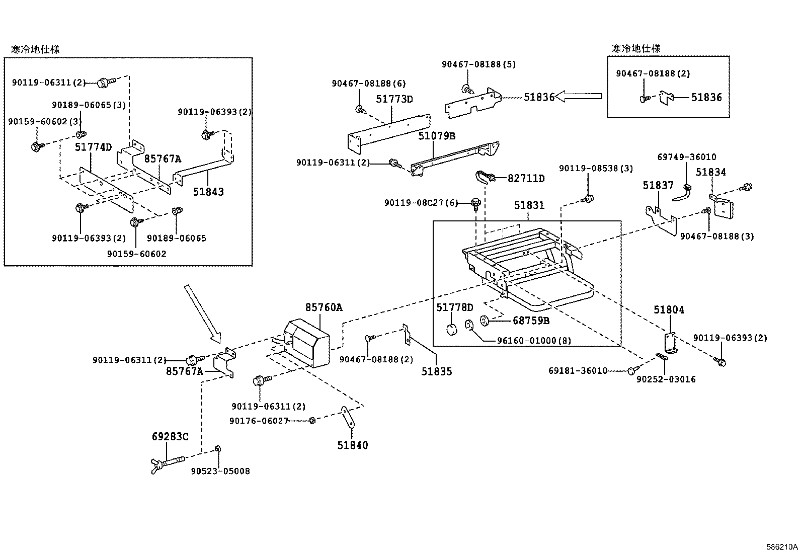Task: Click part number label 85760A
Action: tap(324, 307)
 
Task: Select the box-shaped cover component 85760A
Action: tap(307, 345)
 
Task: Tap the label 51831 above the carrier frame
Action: tap(529, 205)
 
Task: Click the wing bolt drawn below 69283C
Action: tap(166, 461)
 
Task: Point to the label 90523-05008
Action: tap(220, 471)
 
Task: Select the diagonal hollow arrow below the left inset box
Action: tap(202, 312)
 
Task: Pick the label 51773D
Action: tap(394, 99)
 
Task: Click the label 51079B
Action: tap(437, 135)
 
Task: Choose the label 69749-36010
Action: tap(687, 157)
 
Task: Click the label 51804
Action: tap(669, 310)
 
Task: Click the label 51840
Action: tap(352, 445)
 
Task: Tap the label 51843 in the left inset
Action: tap(208, 192)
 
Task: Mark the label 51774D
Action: tap(93, 147)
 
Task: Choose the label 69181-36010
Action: tap(578, 371)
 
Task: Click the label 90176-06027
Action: tap(259, 421)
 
